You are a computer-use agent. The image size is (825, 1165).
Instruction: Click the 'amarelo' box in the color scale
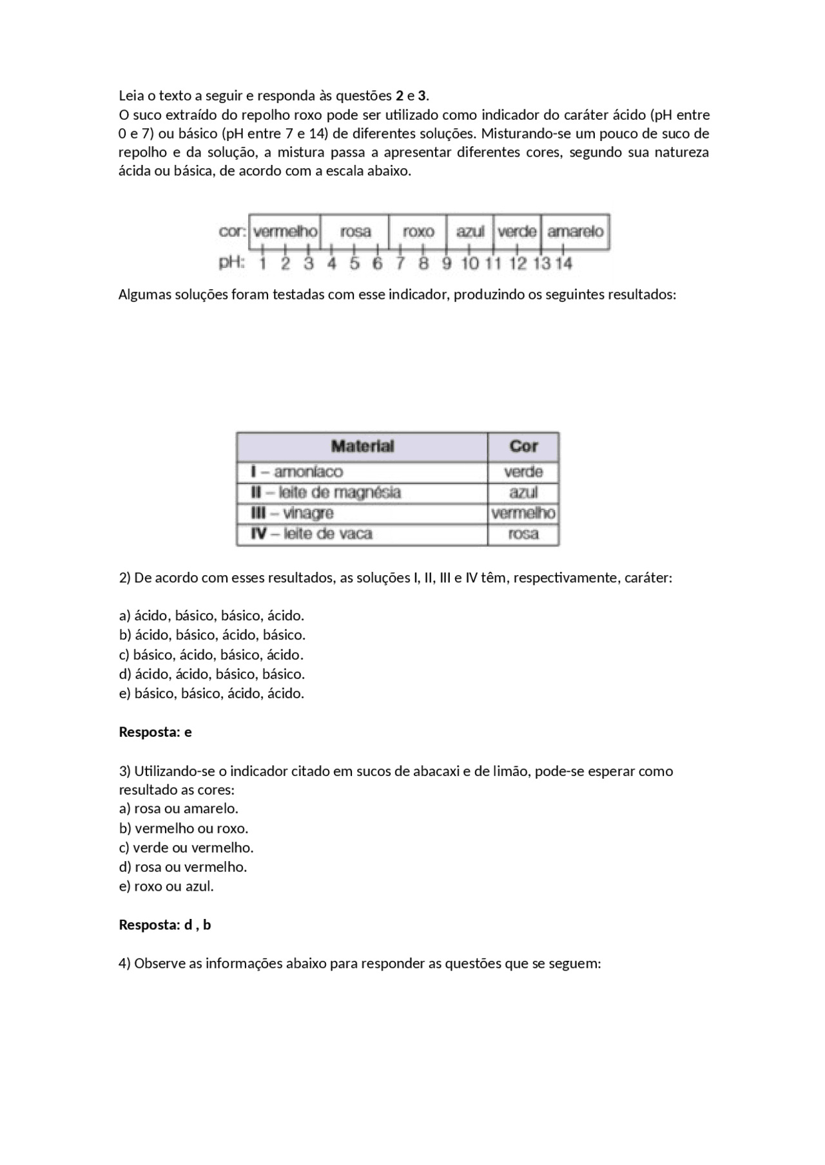coord(575,231)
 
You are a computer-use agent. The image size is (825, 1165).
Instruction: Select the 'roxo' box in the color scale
coord(418,231)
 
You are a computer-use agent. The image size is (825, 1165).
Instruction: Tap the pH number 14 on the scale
coord(563,263)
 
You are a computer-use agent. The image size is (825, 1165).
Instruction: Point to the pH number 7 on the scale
coord(400,263)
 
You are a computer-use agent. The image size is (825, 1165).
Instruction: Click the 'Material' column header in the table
coord(362,446)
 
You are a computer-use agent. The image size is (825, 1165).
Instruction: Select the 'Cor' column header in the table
coord(523,446)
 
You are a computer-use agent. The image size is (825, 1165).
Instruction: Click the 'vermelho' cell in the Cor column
coord(523,513)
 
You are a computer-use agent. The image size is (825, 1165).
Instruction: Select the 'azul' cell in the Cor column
coord(523,493)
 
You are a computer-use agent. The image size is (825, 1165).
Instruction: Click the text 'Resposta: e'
coord(155,732)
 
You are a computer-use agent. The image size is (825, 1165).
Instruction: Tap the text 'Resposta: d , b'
coord(165,925)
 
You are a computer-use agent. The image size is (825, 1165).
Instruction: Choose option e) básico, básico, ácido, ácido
coord(211,694)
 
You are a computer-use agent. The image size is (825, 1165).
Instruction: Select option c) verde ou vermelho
coord(186,848)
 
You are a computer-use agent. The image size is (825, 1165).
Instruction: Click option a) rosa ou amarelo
coord(179,808)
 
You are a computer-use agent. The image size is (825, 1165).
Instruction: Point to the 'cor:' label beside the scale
coord(232,231)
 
